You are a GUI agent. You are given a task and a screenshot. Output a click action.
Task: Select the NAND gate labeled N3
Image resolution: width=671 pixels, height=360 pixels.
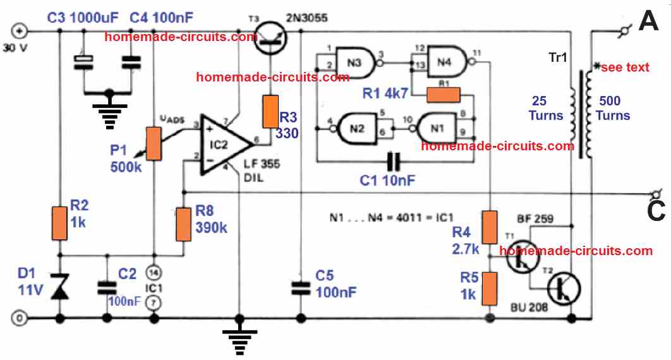point(354,63)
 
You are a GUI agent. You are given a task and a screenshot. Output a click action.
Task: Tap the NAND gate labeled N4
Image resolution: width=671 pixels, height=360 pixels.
point(447,62)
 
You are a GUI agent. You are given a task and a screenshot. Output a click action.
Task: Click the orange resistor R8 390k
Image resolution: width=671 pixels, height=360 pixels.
point(183,223)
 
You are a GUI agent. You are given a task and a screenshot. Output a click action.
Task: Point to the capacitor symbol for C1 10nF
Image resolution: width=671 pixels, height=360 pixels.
point(396,162)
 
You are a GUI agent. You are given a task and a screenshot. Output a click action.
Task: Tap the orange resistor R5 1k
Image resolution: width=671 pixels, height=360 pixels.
point(490,288)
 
